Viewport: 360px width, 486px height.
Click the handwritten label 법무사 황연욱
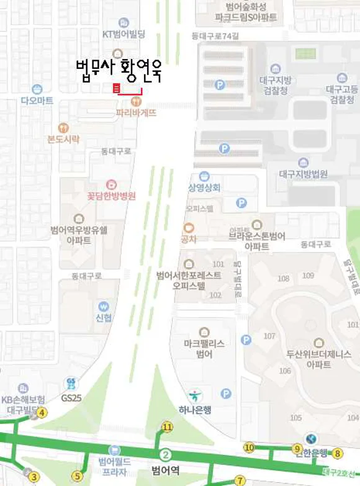point(118,70)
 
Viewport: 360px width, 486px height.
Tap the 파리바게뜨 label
point(136,114)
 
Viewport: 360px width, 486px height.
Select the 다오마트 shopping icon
point(37,89)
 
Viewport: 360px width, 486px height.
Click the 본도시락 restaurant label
point(64,139)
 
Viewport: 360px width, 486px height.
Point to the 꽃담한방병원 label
point(111,196)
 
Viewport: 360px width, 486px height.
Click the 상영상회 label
point(204,187)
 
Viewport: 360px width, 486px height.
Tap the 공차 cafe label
point(189,239)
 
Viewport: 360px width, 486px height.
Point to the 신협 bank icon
point(104,306)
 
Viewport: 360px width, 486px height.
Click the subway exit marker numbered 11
point(167,426)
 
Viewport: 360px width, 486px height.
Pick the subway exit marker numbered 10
point(249,447)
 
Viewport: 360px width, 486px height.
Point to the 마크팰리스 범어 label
point(204,348)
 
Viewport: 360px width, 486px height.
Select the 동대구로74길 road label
point(215,37)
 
